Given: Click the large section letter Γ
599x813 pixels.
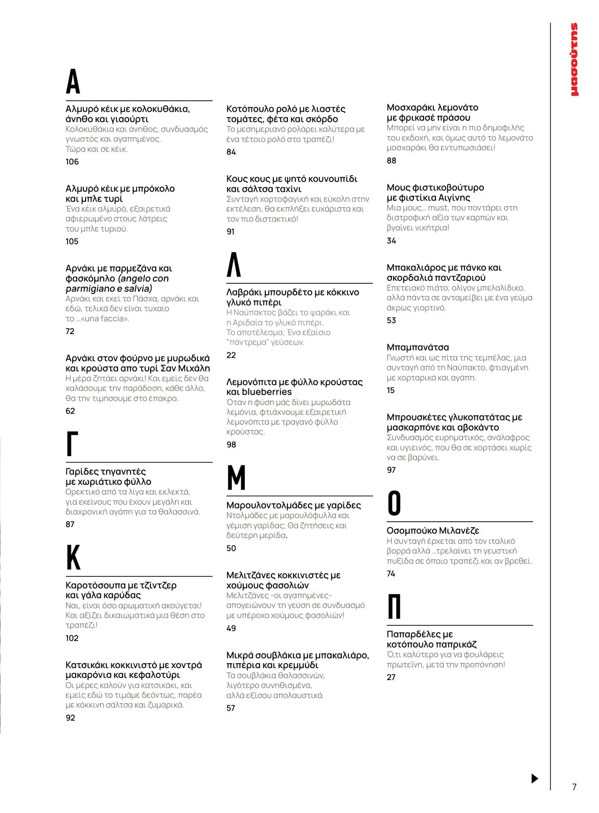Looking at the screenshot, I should (72, 444).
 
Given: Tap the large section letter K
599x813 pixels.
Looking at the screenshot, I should (73, 558).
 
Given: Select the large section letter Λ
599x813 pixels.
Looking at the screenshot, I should (234, 265).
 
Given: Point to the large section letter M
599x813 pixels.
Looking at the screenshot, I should (236, 477).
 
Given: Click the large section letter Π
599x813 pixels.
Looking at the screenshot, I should (394, 606).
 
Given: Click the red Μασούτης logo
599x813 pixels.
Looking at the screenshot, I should (574, 59).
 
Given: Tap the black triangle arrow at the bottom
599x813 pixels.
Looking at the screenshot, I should (535, 778).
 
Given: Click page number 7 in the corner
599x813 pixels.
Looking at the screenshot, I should (574, 787).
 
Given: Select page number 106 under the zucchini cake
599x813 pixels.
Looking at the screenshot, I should (72, 162).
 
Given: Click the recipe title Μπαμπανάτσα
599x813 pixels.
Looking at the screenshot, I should (417, 347).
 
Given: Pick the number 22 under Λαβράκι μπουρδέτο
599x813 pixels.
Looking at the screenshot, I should (231, 355).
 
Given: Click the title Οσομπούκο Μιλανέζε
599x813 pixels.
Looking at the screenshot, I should (433, 531).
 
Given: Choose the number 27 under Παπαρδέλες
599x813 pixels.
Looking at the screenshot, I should (391, 677).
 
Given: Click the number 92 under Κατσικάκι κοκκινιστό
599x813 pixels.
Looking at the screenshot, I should (70, 718).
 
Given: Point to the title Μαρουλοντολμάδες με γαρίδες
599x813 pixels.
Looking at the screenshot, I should (293, 505).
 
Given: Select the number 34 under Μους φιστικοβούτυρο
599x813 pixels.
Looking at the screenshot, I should (391, 241).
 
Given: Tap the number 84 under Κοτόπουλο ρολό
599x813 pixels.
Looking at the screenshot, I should (231, 152).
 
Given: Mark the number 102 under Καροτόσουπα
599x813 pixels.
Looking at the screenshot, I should (72, 638).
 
